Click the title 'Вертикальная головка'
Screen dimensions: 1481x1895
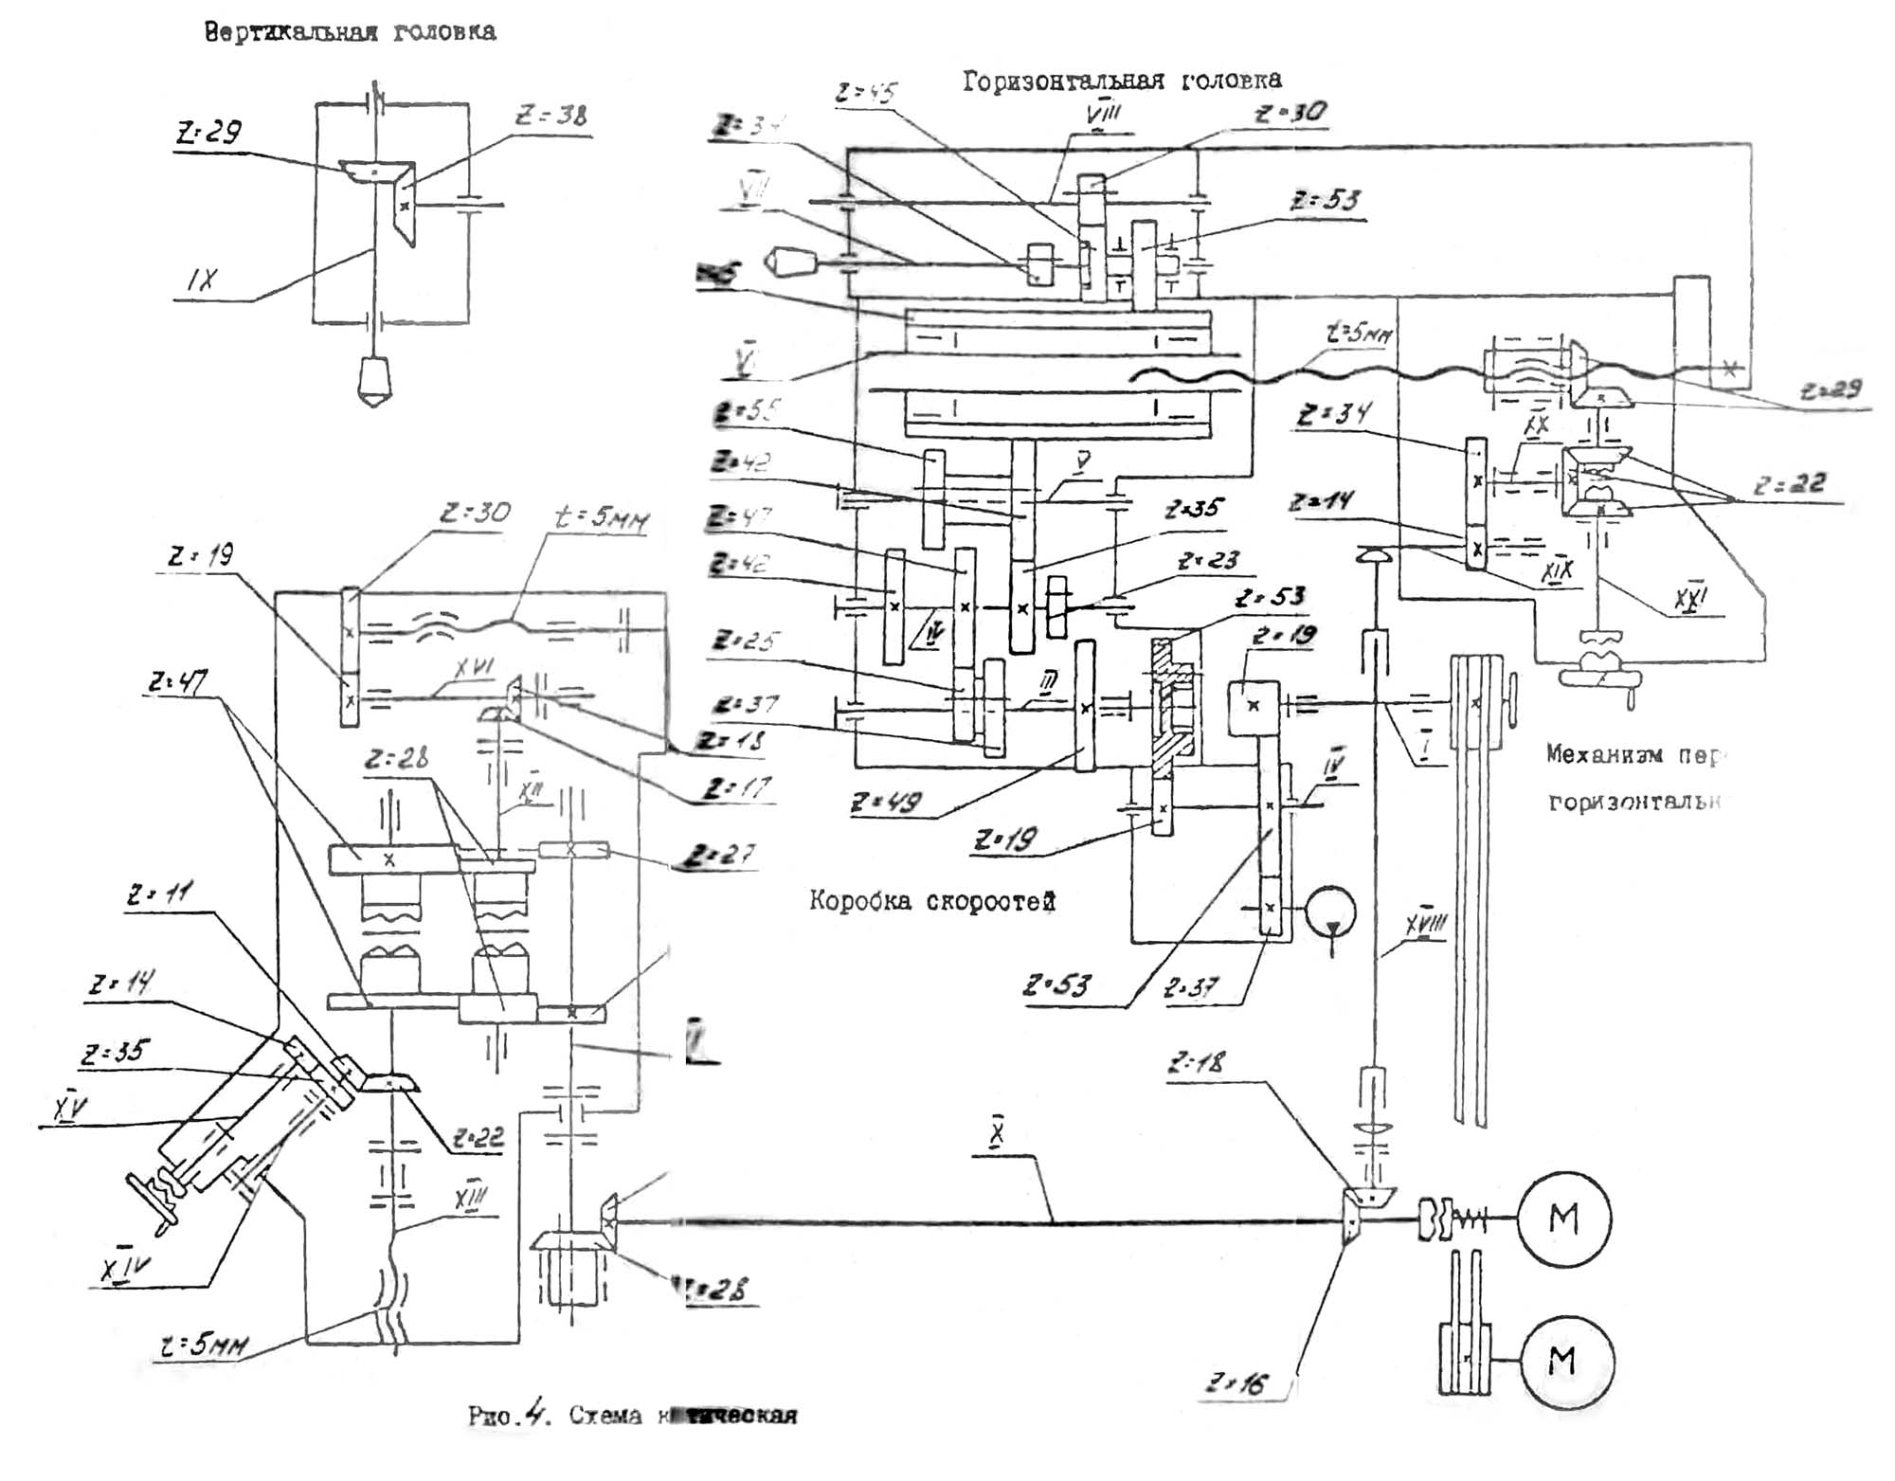pos(350,32)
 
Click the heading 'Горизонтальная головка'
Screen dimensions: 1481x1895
pos(1122,81)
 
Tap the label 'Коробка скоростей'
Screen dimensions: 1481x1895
pos(931,900)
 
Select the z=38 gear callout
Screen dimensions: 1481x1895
pos(550,116)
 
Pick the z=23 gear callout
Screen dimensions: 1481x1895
pos(1208,561)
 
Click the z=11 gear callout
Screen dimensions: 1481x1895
pos(159,894)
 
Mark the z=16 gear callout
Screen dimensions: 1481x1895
pos(1236,1384)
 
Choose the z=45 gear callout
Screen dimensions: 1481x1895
pos(865,93)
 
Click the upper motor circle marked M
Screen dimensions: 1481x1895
pos(1563,1219)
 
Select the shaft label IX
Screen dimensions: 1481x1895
pos(202,280)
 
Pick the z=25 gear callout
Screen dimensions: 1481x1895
pos(745,641)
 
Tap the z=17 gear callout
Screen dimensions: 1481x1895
pos(736,788)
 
